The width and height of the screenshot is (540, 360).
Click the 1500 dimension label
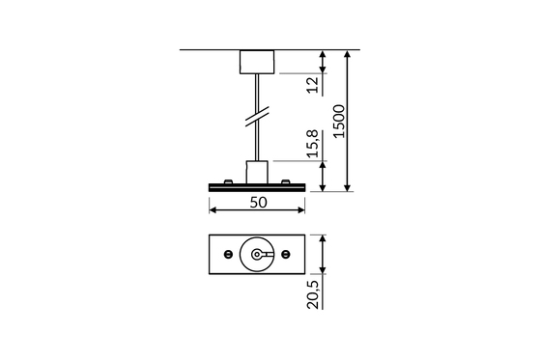click(x=339, y=122)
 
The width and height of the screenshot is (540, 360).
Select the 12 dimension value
click(x=312, y=85)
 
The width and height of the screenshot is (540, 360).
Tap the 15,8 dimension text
click(x=313, y=144)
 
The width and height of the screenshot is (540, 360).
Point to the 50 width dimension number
click(x=258, y=203)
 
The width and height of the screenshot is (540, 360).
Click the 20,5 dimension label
click(x=313, y=295)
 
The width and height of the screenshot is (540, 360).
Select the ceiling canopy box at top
click(x=257, y=62)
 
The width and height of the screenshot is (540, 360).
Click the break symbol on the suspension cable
click(x=257, y=117)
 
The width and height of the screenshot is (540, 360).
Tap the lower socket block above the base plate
click(x=257, y=172)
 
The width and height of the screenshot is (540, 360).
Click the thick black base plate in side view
click(x=257, y=187)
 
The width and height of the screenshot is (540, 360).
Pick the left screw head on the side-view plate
click(x=228, y=181)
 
